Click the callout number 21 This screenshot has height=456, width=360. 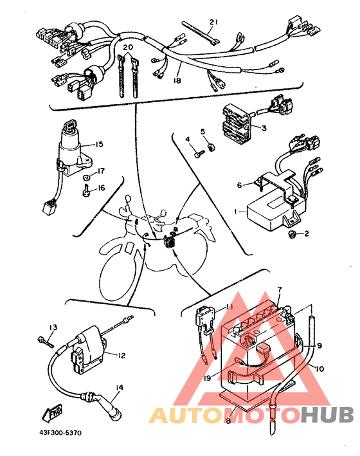(x=213, y=22)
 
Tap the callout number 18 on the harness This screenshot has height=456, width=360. (x=177, y=80)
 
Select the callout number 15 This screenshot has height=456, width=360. (x=99, y=144)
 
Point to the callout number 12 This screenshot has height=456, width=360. (x=122, y=356)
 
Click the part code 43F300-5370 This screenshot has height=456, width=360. (x=60, y=433)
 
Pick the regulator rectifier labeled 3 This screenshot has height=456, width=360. (x=236, y=124)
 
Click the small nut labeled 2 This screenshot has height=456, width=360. (x=292, y=233)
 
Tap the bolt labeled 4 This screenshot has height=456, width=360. (x=199, y=152)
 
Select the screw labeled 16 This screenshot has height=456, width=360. (x=85, y=190)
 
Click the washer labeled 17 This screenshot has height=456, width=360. (x=86, y=176)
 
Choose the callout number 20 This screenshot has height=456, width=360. (x=128, y=47)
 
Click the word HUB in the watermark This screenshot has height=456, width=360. (x=328, y=414)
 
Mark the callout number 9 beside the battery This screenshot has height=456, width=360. (x=319, y=346)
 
